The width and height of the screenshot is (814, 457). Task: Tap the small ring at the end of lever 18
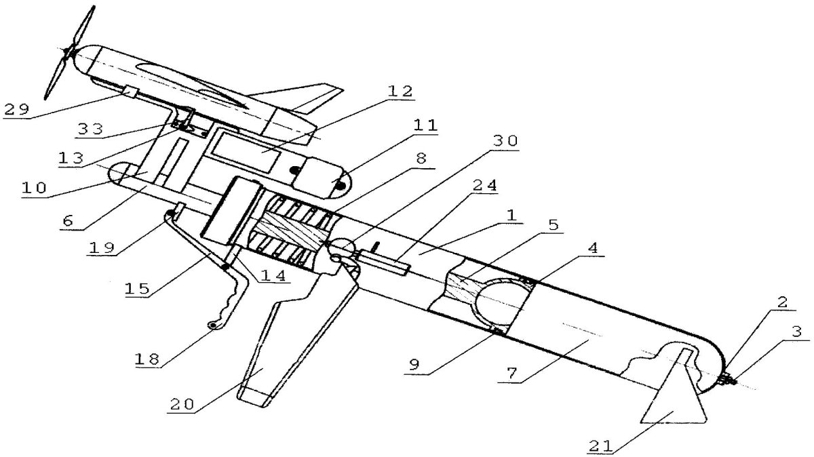tap(213, 327)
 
